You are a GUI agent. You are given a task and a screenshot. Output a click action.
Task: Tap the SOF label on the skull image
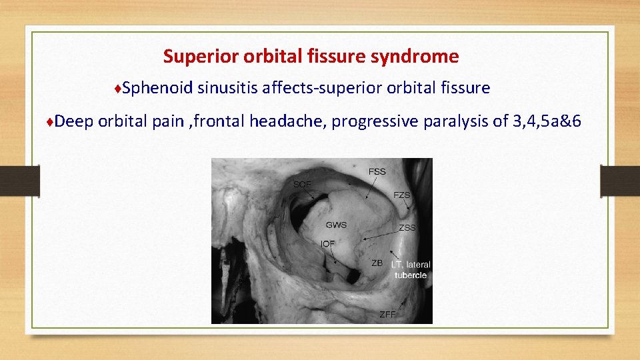coord(303,183)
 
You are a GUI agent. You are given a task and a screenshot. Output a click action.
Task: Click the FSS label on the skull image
coord(377,172)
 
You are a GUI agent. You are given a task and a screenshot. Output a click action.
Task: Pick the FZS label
coord(402,195)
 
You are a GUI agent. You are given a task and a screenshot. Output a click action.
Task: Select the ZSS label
coord(407,228)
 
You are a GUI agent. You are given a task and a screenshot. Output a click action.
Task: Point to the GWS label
coord(336,225)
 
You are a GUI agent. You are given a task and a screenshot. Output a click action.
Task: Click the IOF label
coord(328,244)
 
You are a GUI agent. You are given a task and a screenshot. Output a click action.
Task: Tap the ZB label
coord(377,263)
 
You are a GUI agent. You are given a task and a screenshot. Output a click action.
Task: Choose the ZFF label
coord(387,314)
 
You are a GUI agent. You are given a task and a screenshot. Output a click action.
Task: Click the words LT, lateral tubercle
coord(411,270)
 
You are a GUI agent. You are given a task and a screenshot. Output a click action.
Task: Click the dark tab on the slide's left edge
coord(19,181)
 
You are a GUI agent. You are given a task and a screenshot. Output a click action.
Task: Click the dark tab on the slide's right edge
coord(620,181)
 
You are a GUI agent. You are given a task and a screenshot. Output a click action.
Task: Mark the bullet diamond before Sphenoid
coord(117,89)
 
